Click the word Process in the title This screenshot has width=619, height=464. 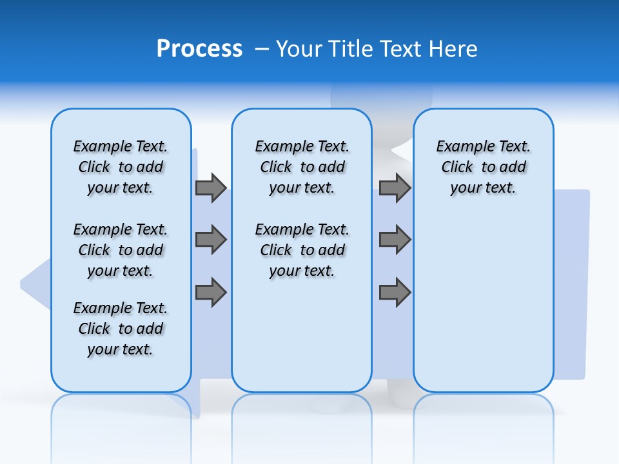[x=199, y=49]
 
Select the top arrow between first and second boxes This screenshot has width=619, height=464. [x=211, y=188]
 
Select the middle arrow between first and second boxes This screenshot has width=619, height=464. [x=211, y=240]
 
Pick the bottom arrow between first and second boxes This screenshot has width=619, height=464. [x=211, y=293]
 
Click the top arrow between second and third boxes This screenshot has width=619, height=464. [x=395, y=188]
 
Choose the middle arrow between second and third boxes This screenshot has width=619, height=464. [x=395, y=240]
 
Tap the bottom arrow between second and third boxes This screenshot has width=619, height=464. [x=395, y=293]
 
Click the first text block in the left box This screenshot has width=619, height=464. [x=121, y=167]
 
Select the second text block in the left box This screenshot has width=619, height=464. [x=121, y=250]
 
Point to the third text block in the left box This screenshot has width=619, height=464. [x=121, y=329]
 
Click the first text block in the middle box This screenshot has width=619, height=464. [x=302, y=167]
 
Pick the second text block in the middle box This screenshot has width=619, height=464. [x=302, y=250]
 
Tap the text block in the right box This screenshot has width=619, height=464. [x=484, y=167]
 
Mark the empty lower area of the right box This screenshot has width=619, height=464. [x=484, y=303]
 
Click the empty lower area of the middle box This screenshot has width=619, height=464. [x=302, y=335]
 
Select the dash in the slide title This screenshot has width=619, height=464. [x=262, y=49]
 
